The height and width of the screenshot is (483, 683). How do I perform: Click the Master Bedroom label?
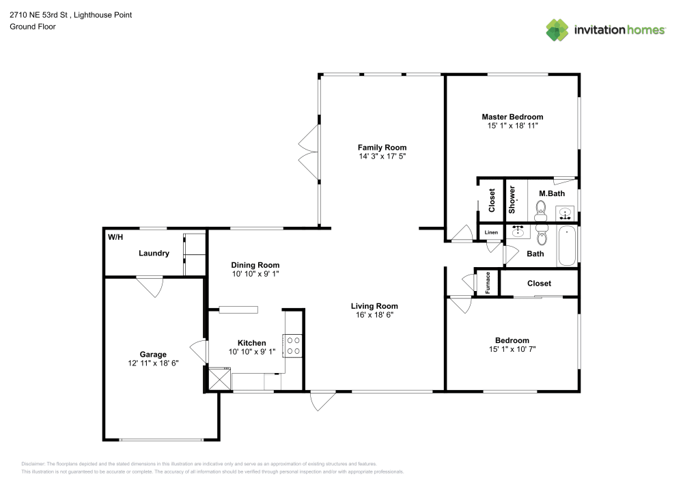click(x=512, y=117)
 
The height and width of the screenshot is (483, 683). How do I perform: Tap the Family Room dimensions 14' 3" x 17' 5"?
click(x=382, y=156)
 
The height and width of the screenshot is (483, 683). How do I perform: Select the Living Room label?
click(x=374, y=306)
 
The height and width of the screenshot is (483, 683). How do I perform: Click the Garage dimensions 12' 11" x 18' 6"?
click(x=153, y=363)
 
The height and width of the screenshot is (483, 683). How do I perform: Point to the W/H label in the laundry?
click(x=115, y=237)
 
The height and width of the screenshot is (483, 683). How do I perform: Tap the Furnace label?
click(x=488, y=283)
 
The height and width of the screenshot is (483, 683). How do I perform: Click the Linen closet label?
click(x=491, y=232)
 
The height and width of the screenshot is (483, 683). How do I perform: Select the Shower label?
click(x=512, y=199)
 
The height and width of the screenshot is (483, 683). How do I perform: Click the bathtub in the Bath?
click(x=567, y=246)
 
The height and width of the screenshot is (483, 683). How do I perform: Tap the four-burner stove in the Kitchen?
click(x=293, y=346)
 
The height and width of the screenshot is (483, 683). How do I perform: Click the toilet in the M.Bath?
click(x=541, y=211)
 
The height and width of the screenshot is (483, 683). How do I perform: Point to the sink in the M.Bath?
click(x=565, y=213)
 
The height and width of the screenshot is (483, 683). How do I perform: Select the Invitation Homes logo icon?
click(x=557, y=29)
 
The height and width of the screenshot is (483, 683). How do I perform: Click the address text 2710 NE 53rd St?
click(x=38, y=15)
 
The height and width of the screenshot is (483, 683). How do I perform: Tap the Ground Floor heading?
click(x=33, y=27)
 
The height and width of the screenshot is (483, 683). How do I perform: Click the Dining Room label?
click(x=255, y=265)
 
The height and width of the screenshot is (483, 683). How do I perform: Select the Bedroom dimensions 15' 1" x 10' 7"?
click(x=512, y=349)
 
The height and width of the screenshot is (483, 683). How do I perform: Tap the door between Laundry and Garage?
click(x=150, y=286)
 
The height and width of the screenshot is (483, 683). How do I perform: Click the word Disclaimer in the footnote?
click(x=33, y=464)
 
